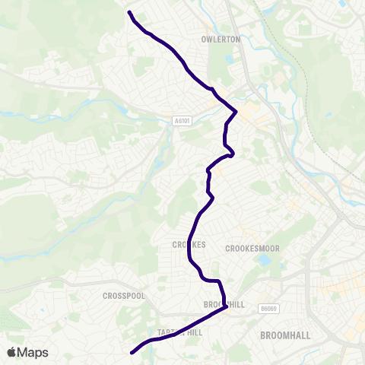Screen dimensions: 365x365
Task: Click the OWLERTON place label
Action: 221,39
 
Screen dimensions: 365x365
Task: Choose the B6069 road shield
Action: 265,309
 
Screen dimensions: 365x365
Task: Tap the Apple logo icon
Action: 11,352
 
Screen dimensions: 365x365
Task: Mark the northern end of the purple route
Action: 129,12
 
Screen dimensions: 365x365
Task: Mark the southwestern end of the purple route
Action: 132,353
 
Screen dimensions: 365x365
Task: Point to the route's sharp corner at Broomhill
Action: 227,307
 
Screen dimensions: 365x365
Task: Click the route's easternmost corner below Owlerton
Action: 236,112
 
